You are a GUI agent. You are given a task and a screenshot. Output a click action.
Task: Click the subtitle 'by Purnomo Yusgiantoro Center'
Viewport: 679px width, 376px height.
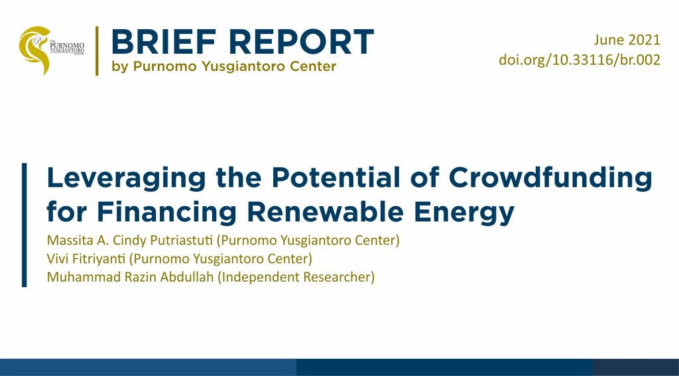click(224, 67)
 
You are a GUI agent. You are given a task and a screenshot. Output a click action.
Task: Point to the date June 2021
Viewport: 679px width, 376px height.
click(627, 40)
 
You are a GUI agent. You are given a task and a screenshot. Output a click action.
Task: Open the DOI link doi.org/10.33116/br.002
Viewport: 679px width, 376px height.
click(580, 60)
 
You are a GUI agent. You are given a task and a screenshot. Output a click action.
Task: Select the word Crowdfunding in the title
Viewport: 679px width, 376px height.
click(550, 178)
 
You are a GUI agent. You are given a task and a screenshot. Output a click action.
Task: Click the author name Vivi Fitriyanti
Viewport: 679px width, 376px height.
click(87, 259)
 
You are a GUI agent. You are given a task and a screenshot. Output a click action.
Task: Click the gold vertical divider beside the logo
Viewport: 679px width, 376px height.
click(97, 50)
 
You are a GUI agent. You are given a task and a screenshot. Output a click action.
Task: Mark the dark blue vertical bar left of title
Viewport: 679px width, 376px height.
click(25, 225)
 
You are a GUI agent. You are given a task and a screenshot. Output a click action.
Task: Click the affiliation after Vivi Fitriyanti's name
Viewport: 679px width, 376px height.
click(221, 259)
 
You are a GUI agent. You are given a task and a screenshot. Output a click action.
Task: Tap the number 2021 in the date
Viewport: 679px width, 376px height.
click(644, 40)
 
